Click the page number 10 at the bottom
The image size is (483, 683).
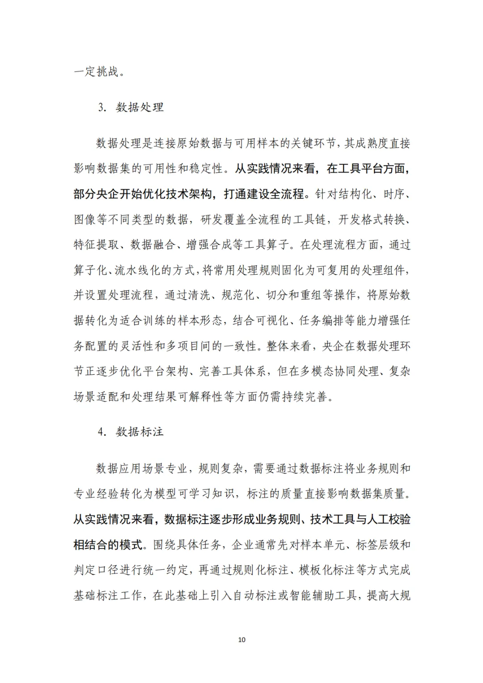(x=241, y=640)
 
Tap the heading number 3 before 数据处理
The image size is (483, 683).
(x=101, y=108)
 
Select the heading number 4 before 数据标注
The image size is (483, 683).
(x=101, y=432)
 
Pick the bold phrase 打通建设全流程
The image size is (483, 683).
(x=264, y=194)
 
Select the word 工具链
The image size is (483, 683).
(x=310, y=220)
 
